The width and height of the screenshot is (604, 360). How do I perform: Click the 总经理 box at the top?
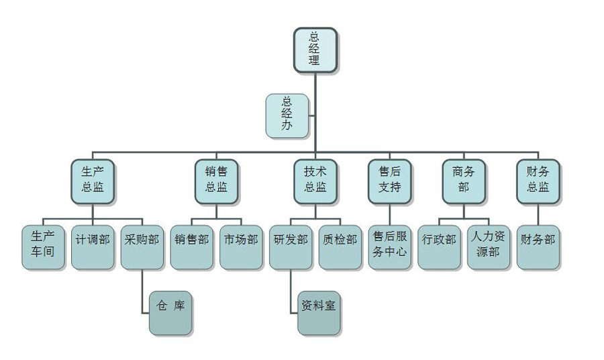(x=314, y=49)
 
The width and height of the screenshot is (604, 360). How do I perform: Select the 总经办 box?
(x=287, y=115)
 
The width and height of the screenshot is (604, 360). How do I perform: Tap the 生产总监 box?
(x=92, y=180)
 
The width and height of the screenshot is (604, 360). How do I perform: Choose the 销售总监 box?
(x=215, y=180)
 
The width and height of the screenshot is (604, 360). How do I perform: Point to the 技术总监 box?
(x=315, y=180)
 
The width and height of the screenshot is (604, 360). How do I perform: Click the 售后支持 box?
(x=389, y=180)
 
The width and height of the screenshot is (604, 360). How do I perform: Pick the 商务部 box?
(x=463, y=180)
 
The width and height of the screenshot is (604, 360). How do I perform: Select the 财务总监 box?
(x=538, y=180)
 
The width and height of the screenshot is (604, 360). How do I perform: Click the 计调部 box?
(x=92, y=246)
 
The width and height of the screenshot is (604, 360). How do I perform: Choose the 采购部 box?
(x=142, y=246)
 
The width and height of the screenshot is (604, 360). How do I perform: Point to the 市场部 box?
(x=240, y=246)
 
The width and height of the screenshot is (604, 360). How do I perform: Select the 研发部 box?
(x=291, y=246)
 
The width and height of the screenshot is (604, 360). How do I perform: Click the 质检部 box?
(x=340, y=246)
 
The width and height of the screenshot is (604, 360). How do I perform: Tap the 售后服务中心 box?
(x=389, y=246)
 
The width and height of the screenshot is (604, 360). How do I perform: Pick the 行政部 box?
(x=439, y=246)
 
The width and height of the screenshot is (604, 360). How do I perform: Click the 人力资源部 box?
(x=489, y=246)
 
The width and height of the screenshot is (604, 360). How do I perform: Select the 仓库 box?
(x=170, y=312)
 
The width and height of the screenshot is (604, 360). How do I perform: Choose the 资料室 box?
(x=319, y=312)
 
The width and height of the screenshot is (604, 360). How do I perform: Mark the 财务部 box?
(x=538, y=246)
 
